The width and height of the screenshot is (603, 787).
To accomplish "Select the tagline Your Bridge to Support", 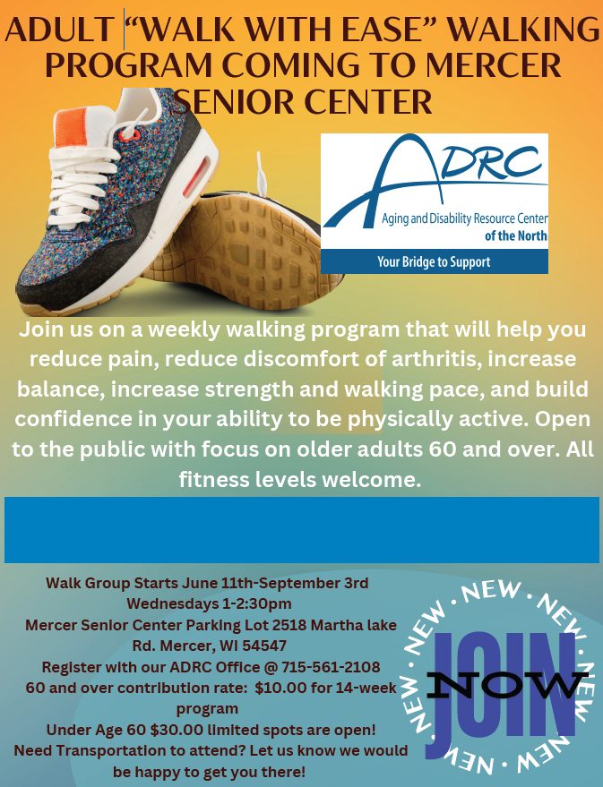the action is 434,261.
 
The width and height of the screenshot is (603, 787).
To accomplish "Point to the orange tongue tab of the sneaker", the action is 70,127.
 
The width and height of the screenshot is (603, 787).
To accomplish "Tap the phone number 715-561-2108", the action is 331,667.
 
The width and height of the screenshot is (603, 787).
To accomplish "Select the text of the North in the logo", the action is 515,235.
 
